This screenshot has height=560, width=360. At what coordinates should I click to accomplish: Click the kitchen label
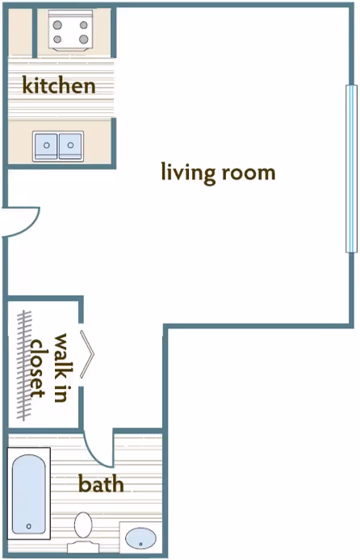tap(59, 85)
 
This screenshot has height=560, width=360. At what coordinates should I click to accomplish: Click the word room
tap(248, 172)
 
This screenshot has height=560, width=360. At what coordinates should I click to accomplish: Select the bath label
tap(101, 484)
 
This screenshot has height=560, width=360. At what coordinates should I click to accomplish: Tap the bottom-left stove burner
tap(58, 39)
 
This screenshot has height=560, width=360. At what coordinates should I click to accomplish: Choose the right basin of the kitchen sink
tap(71, 146)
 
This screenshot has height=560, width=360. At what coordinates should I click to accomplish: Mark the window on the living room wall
tap(350, 169)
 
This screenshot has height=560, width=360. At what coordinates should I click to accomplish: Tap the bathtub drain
tap(29, 526)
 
